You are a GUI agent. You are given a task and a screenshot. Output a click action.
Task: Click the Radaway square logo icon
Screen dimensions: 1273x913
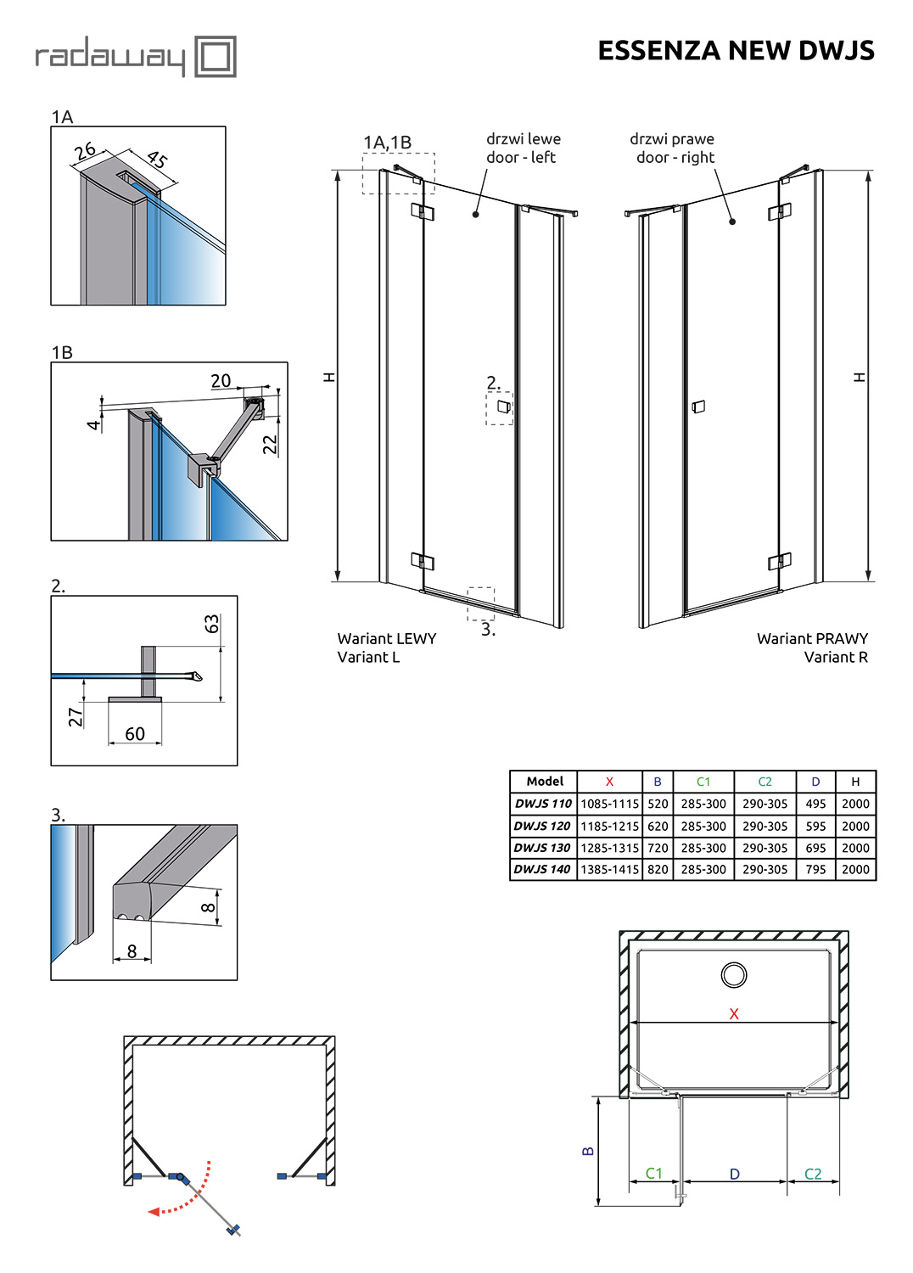click(216, 57)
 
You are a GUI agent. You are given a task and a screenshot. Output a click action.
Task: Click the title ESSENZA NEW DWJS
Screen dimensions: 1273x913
click(736, 51)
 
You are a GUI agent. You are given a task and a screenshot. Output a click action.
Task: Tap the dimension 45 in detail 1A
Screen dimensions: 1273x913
click(158, 159)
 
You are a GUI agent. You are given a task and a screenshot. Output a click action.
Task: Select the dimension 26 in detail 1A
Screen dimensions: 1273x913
click(85, 151)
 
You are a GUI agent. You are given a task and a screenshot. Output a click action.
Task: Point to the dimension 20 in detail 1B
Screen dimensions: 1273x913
click(221, 381)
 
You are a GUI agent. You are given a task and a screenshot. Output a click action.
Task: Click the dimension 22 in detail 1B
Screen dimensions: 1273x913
click(270, 444)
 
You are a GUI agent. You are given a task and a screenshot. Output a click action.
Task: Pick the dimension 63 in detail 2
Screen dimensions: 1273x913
click(211, 624)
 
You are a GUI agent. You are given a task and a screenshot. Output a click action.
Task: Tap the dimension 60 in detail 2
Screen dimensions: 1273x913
click(135, 734)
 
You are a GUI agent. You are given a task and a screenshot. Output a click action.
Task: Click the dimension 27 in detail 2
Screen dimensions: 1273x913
click(76, 717)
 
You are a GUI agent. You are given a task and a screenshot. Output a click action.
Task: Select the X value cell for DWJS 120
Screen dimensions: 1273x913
click(609, 826)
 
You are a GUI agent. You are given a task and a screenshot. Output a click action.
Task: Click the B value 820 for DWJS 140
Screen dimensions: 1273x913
click(658, 870)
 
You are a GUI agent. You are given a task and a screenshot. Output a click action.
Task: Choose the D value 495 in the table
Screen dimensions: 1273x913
click(815, 804)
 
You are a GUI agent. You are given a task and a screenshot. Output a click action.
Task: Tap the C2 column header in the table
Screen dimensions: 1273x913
click(765, 782)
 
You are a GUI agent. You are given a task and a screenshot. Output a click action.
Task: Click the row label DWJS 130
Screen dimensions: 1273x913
click(542, 848)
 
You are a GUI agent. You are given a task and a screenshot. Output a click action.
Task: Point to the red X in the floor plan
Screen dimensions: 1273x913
click(734, 1014)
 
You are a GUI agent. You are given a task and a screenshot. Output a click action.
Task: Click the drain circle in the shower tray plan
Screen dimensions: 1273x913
click(734, 975)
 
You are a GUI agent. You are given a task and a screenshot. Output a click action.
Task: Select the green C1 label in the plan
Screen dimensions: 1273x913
click(653, 1173)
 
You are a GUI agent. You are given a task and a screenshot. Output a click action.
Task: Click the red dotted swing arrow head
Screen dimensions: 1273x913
click(154, 1212)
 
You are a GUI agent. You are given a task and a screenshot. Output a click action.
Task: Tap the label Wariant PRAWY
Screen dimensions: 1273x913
click(812, 638)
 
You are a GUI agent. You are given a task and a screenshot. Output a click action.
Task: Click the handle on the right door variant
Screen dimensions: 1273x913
click(698, 407)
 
